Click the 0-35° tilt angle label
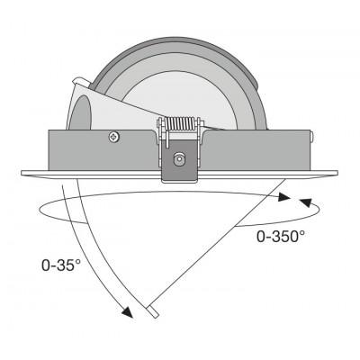coord(61,265)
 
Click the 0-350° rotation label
coord(281,237)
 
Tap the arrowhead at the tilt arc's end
coord(128,312)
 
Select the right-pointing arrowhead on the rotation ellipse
coord(283,197)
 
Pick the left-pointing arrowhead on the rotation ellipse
coord(306,202)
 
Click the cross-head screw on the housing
coord(114,137)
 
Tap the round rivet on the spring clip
coord(179,157)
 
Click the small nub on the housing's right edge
coord(311,137)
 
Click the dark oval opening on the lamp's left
coord(80,112)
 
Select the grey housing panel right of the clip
coord(257,150)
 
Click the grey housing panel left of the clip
coord(102,150)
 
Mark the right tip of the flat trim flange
coord(337,173)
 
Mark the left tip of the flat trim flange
coord(22,173)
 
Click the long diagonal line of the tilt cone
coord(217,243)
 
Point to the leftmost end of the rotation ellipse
coord(40,210)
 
